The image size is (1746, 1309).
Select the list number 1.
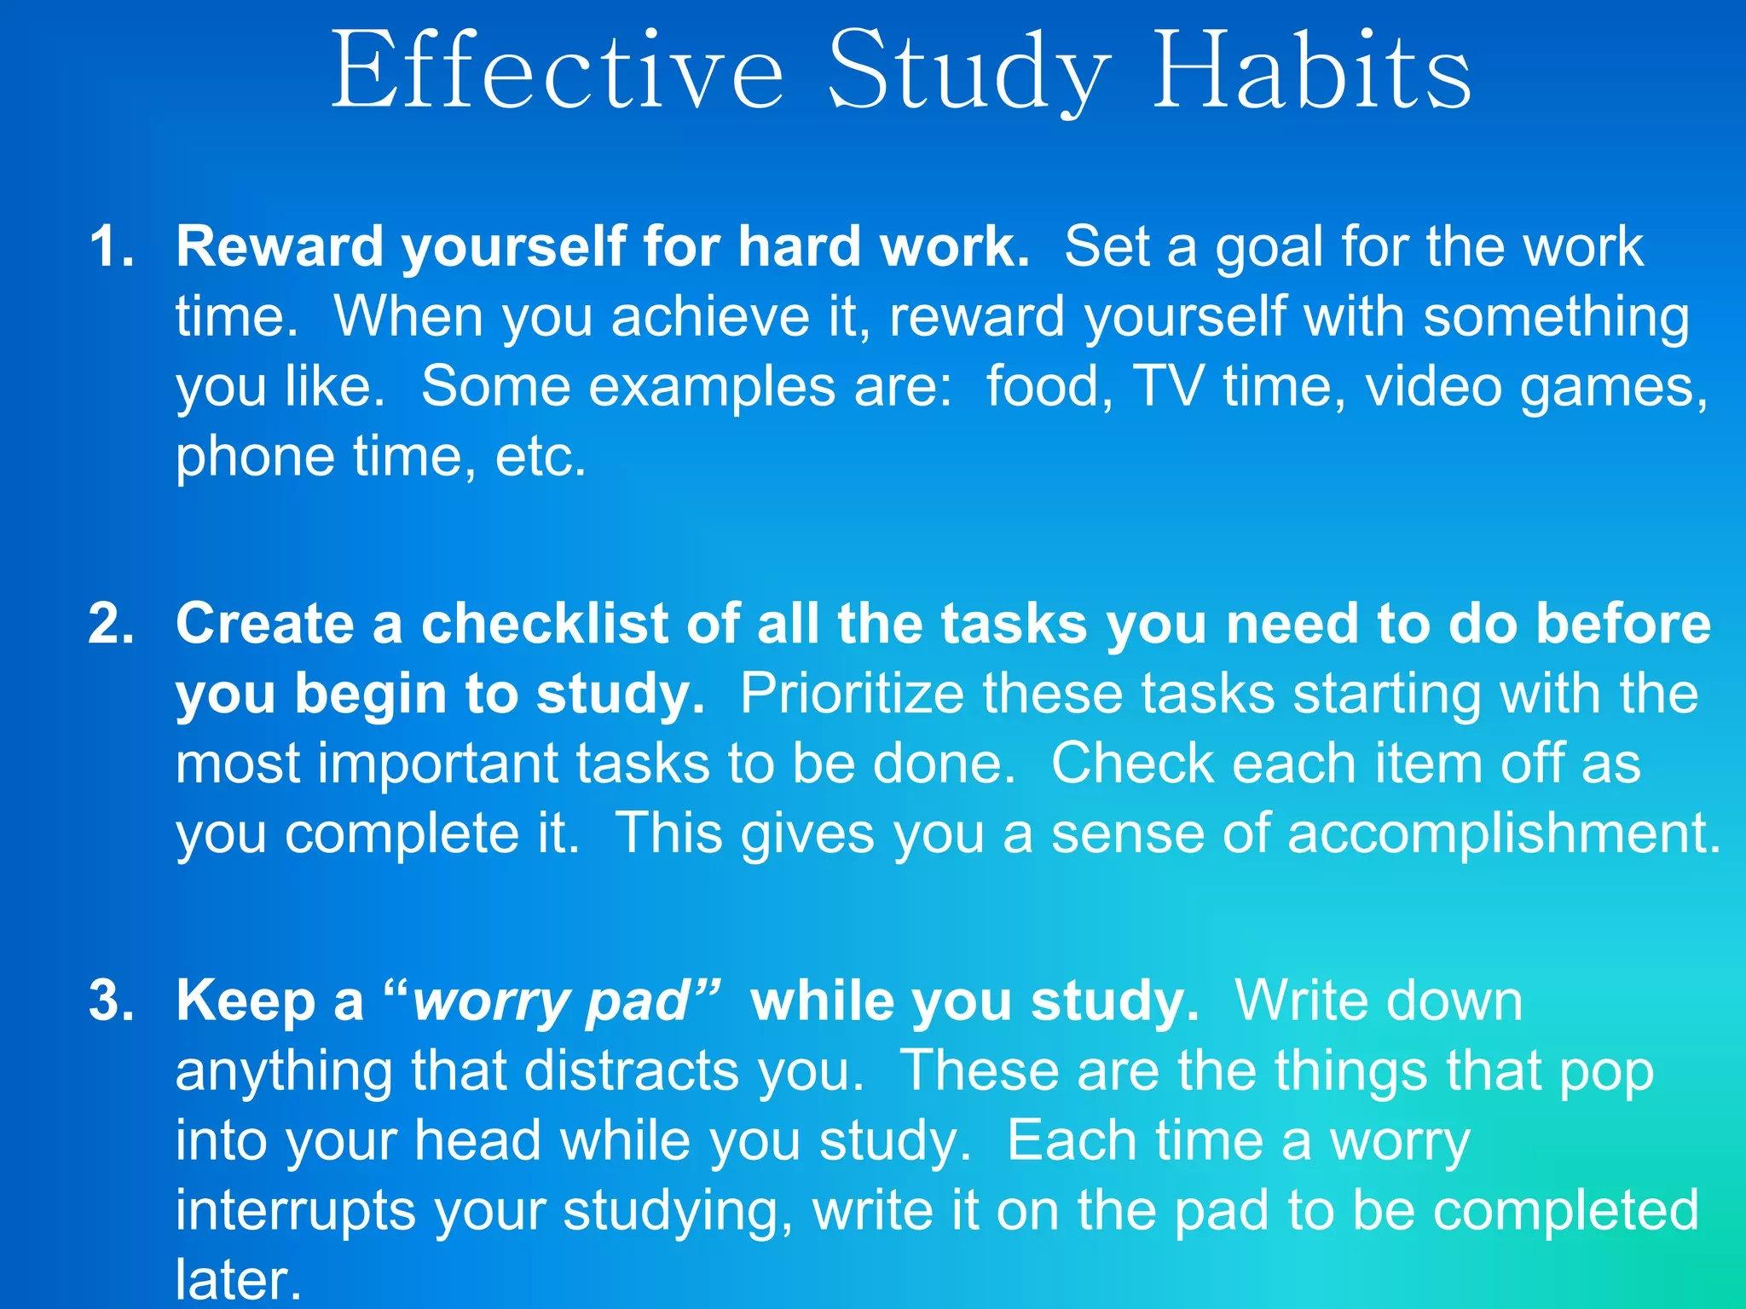click(111, 247)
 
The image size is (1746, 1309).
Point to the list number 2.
click(111, 624)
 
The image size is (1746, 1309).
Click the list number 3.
click(111, 1000)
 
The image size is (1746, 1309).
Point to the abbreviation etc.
click(541, 458)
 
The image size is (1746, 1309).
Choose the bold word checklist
click(545, 624)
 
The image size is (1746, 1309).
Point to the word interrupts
click(295, 1211)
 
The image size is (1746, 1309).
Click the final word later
click(238, 1279)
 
